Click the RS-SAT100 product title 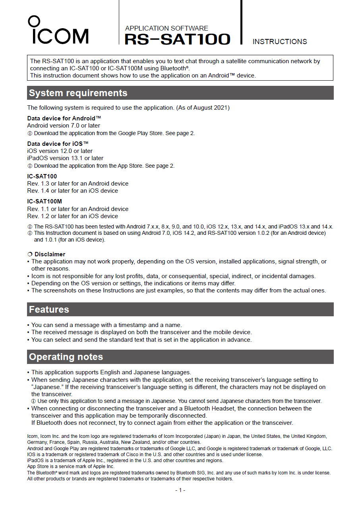[x=177, y=39]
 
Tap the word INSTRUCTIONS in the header [x=280, y=42]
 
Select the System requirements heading [x=78, y=93]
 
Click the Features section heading [x=49, y=310]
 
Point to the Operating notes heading [x=66, y=357]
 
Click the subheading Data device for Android [x=64, y=118]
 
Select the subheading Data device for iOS [x=58, y=144]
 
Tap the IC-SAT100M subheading [x=45, y=201]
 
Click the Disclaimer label [x=50, y=254]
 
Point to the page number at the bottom [x=180, y=490]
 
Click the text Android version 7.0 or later [x=64, y=126]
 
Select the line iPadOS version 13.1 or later [x=65, y=158]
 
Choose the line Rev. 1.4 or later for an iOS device [x=72, y=191]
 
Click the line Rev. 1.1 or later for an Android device [x=77, y=209]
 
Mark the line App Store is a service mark [x=71, y=466]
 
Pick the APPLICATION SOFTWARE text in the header [x=166, y=28]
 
